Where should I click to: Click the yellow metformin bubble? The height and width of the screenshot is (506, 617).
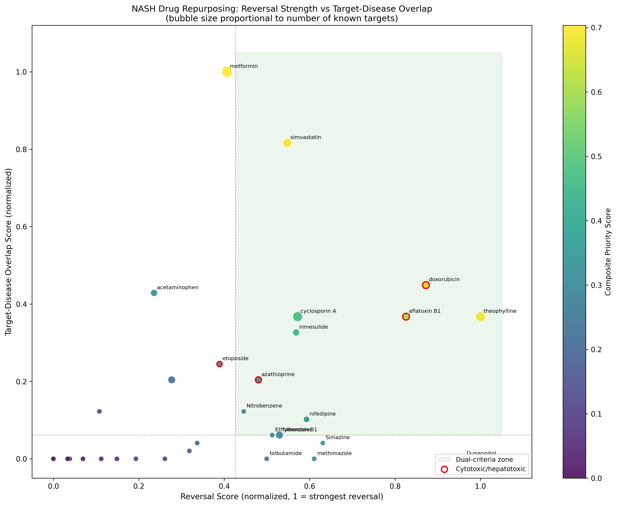(x=227, y=72)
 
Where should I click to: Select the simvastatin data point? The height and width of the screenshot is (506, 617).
(x=287, y=143)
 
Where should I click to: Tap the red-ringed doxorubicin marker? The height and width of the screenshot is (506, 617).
(x=426, y=285)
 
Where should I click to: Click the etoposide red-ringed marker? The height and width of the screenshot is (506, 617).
(x=219, y=364)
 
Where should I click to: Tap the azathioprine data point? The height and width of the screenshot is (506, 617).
(x=258, y=380)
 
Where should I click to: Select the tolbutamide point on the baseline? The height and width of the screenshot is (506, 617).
(x=266, y=459)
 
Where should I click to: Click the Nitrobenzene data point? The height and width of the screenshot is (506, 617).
(x=244, y=411)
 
